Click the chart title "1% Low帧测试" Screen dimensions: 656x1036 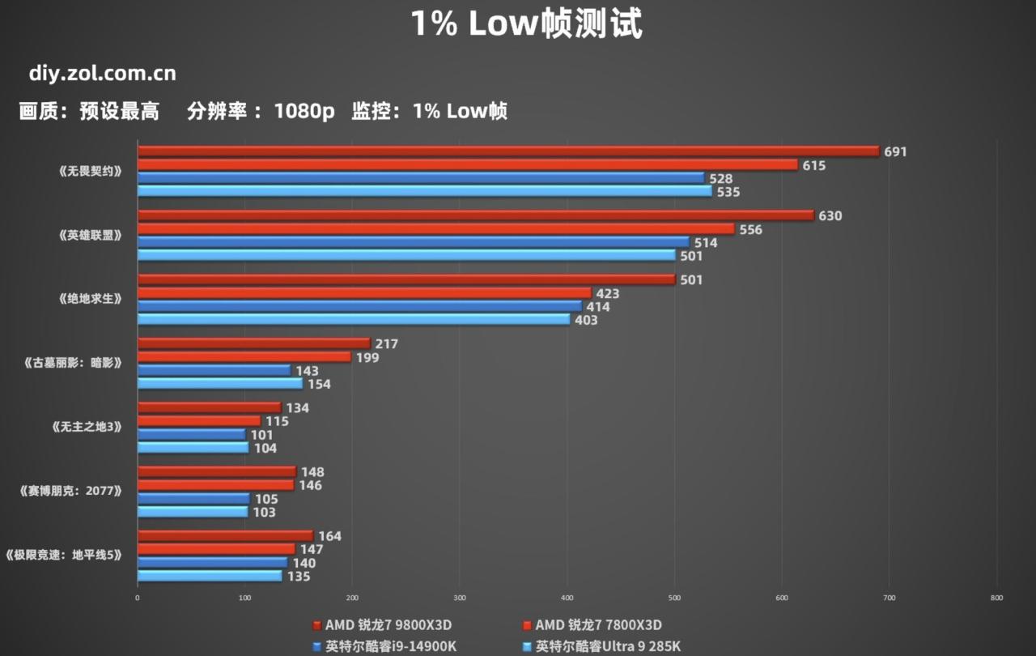click(x=526, y=23)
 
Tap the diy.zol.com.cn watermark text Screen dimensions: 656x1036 click(x=102, y=74)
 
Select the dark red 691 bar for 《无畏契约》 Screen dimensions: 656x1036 click(x=508, y=151)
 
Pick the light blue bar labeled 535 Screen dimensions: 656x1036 click(x=424, y=191)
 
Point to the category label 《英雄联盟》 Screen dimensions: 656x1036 click(x=91, y=236)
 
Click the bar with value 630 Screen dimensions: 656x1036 click(x=475, y=215)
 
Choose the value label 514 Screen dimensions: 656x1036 click(x=706, y=242)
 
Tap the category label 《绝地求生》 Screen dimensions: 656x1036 click(x=91, y=299)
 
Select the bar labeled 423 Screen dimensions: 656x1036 click(x=364, y=292)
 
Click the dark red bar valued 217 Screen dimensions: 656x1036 click(x=253, y=343)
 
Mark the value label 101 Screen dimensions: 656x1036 click(x=261, y=435)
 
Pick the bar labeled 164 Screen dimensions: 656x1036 click(x=225, y=535)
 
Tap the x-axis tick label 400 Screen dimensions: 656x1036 click(x=567, y=598)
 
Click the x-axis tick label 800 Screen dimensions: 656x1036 click(x=996, y=598)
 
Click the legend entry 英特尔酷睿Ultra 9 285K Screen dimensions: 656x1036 click(x=607, y=646)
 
